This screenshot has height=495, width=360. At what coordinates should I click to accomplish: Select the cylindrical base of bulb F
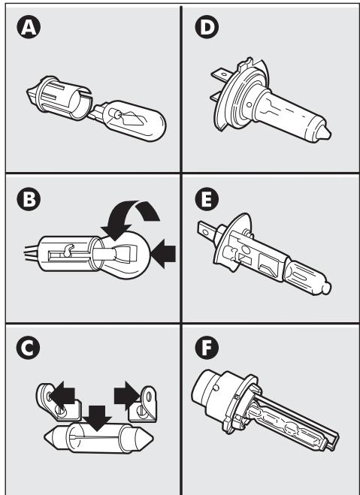click(214, 391)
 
